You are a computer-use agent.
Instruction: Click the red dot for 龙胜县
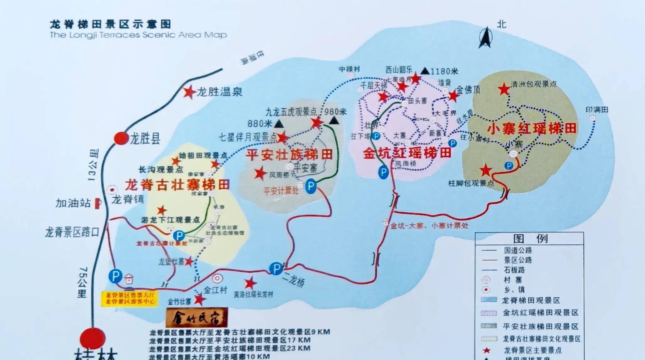click(x=121, y=138)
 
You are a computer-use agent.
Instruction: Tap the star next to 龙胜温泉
click(x=189, y=92)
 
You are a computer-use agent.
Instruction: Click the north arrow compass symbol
click(x=485, y=38)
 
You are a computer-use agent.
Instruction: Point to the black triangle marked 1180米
click(x=425, y=71)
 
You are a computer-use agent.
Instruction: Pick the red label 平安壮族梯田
click(x=289, y=155)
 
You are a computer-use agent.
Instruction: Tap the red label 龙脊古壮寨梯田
click(x=177, y=185)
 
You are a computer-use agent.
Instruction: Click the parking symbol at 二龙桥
click(x=276, y=269)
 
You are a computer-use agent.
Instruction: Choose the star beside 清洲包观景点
click(x=504, y=89)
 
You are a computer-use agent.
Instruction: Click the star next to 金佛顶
click(x=453, y=96)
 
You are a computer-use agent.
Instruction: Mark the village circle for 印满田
click(x=592, y=118)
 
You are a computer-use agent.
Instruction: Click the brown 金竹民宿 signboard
click(x=197, y=317)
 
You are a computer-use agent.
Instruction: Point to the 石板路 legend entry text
click(x=514, y=270)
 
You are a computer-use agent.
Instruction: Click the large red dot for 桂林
click(x=92, y=339)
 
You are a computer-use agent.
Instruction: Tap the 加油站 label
click(x=73, y=203)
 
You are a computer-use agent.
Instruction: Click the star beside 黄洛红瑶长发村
click(x=250, y=284)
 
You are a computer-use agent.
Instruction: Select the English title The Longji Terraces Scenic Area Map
click(x=138, y=35)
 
